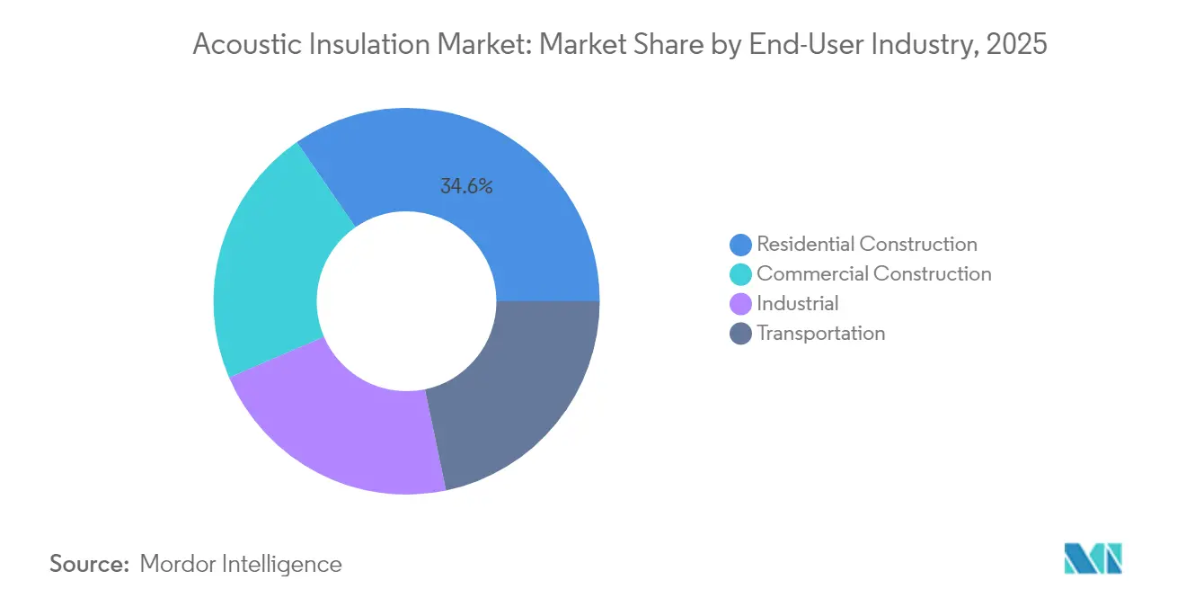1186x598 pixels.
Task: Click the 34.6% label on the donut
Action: tap(466, 187)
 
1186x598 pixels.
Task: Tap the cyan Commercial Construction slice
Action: tap(270, 261)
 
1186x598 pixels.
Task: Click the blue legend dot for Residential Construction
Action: tap(741, 245)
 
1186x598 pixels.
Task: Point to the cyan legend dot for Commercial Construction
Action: tap(741, 274)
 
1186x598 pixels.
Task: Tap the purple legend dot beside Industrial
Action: tap(741, 304)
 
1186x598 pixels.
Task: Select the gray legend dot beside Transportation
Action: tap(741, 334)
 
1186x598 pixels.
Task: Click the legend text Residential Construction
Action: tap(867, 244)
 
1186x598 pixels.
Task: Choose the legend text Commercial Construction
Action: tap(874, 273)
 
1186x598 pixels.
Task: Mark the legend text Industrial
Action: tap(798, 303)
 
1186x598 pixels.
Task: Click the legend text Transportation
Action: tap(821, 333)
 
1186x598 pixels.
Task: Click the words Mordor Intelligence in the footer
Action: tap(241, 564)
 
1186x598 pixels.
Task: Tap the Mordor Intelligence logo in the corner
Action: tap(1093, 558)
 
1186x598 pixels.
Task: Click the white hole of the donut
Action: tap(407, 300)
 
